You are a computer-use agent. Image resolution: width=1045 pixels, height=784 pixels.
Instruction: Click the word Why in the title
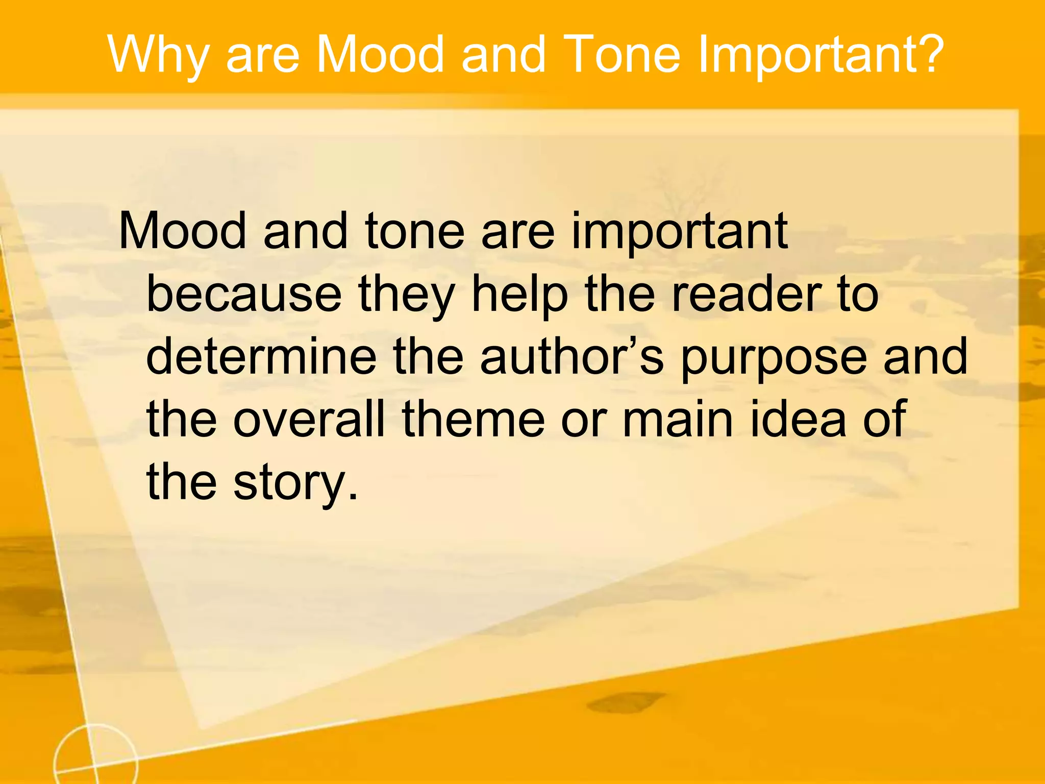click(159, 55)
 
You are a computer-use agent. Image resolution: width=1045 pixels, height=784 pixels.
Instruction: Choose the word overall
click(309, 420)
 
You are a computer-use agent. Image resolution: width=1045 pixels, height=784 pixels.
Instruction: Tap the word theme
click(473, 420)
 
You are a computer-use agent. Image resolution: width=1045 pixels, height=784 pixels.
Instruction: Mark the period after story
click(352, 498)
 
